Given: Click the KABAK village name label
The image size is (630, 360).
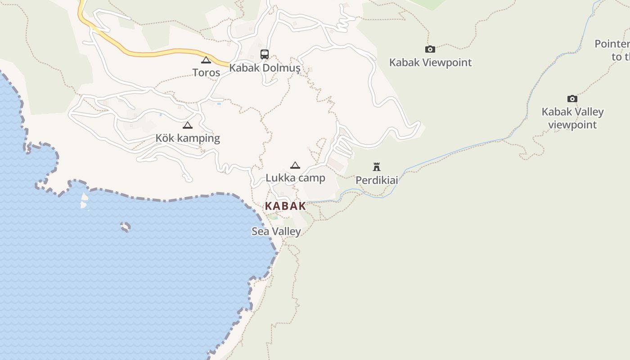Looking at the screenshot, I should [x=285, y=206].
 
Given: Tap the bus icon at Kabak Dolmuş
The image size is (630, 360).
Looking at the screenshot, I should [x=265, y=54].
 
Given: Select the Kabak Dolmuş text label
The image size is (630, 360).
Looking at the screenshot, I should [x=265, y=68].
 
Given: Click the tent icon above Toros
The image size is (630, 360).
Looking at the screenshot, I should [x=206, y=60].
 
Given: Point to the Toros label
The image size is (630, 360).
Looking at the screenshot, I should [x=206, y=72].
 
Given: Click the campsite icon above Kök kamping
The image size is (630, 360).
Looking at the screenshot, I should [x=188, y=125].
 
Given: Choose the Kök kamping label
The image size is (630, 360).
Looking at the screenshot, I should [x=188, y=138].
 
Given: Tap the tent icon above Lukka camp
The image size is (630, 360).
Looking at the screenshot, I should [x=295, y=165].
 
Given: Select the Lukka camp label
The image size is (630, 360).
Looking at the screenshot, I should [x=295, y=178].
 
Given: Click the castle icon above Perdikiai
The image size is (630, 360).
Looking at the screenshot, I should [x=377, y=167].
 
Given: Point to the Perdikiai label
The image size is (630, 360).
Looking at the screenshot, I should [x=377, y=180].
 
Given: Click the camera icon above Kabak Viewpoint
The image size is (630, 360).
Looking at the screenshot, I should [x=430, y=49].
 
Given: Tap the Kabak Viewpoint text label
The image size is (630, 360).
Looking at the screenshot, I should [x=430, y=63].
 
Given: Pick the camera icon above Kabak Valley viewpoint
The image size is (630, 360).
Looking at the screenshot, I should [x=572, y=99].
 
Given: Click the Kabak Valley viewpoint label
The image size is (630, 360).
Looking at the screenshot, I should [x=572, y=118].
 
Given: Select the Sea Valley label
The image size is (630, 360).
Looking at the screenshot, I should [x=276, y=231].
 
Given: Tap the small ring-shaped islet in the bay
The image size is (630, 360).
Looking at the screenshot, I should [x=126, y=227].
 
